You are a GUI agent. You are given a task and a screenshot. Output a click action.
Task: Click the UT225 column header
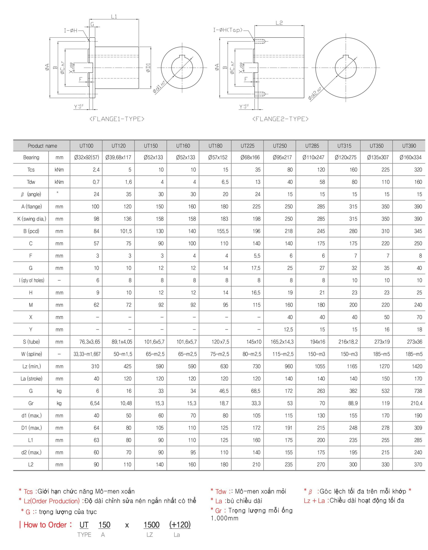[247, 146]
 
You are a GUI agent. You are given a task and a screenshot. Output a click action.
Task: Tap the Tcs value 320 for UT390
[418, 170]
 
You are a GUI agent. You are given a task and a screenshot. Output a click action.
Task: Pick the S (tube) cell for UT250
[282, 342]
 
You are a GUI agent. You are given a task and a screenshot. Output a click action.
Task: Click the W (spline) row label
[31, 354]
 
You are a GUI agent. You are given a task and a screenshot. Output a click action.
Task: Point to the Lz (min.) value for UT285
[320, 366]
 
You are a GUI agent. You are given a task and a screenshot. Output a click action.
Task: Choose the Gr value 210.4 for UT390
[416, 403]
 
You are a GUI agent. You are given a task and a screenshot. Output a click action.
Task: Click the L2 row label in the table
[31, 465]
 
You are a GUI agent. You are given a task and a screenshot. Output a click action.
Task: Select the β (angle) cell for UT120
[128, 194]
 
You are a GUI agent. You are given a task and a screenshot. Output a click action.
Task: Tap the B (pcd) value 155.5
[223, 231]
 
